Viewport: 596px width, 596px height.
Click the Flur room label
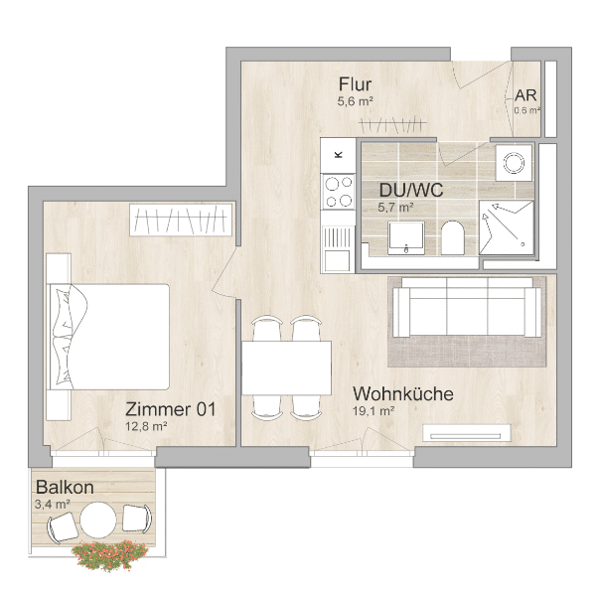pyautogui.click(x=356, y=83)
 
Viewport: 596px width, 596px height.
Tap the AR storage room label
pyautogui.click(x=525, y=95)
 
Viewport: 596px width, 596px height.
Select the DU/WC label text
pyautogui.click(x=410, y=190)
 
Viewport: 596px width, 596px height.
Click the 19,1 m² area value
pyautogui.click(x=374, y=411)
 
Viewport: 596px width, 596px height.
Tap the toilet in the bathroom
pyautogui.click(x=453, y=237)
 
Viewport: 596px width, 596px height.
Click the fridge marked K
pyautogui.click(x=339, y=154)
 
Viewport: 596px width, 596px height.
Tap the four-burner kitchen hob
pyautogui.click(x=339, y=192)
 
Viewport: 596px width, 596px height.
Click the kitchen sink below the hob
pyautogui.click(x=338, y=239)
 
